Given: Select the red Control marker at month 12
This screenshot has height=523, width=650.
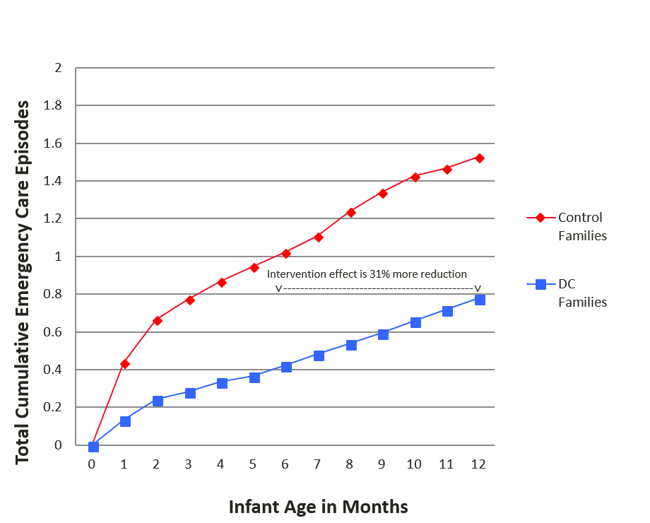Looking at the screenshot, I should point(480,158).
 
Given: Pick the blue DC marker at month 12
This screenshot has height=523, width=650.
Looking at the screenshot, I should point(480,300).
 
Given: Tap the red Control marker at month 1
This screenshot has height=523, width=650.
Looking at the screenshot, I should point(125,364).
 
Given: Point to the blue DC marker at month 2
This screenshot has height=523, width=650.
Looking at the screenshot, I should point(158,401).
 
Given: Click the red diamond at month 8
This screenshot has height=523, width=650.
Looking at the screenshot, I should point(351,212).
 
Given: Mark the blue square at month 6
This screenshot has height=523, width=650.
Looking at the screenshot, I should point(286,367).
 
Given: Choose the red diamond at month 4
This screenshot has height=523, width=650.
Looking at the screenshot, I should point(222,282).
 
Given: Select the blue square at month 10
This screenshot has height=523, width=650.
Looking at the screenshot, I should point(415,322).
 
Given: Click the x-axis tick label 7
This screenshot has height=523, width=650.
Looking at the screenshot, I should point(318,464).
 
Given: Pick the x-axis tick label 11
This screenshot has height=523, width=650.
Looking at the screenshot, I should point(447,464).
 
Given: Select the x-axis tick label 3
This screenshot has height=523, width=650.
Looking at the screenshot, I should point(189,464).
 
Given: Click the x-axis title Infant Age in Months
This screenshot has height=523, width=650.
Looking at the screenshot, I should point(318,507).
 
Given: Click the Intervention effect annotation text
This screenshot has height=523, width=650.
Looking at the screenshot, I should point(367,274).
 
